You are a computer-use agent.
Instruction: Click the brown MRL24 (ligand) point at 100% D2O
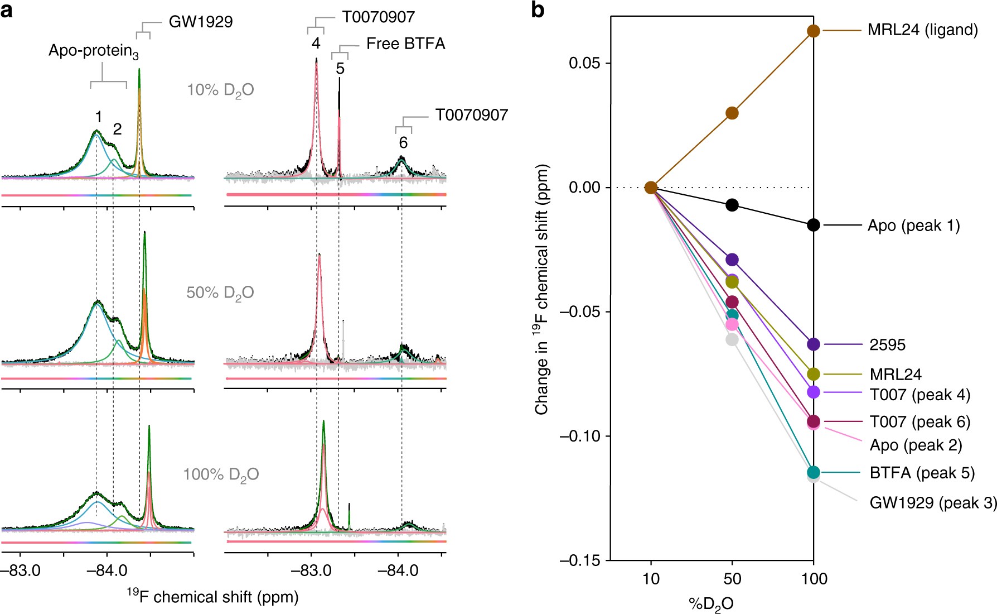click(814, 31)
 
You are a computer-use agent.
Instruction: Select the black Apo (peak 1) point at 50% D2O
click(732, 205)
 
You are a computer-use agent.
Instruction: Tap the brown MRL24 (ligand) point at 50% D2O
click(732, 113)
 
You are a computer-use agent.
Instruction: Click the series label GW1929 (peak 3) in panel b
click(933, 503)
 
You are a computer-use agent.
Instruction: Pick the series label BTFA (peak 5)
click(922, 473)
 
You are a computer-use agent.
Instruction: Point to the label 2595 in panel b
click(887, 345)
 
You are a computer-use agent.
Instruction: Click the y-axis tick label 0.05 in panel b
click(584, 63)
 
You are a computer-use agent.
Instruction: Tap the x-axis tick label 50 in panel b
click(732, 579)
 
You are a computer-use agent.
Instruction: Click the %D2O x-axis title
click(711, 604)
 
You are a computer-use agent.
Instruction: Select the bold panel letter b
click(538, 10)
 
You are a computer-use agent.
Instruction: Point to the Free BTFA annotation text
click(405, 44)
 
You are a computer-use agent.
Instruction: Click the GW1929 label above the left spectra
click(201, 22)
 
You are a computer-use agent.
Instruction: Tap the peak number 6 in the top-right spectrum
click(403, 143)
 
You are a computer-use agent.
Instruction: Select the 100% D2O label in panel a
click(221, 474)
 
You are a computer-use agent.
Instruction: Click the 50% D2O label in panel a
click(220, 292)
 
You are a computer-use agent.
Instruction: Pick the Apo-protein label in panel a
click(93, 51)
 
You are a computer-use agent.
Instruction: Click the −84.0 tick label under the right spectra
click(398, 571)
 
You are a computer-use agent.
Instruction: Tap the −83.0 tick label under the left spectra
click(20, 571)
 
